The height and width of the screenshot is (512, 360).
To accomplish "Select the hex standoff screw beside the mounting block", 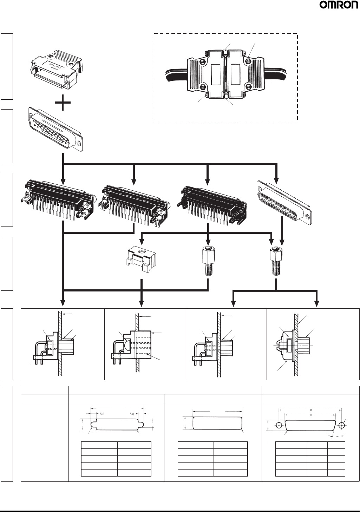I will [208, 262].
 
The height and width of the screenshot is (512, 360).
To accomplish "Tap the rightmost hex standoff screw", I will [276, 262].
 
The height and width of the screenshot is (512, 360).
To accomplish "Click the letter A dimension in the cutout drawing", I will [311, 409].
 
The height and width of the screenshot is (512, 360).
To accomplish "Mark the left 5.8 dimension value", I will [102, 414].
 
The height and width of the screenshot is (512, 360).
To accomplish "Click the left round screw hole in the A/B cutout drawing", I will [279, 425].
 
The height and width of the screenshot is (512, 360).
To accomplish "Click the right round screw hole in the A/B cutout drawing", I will [341, 425].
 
